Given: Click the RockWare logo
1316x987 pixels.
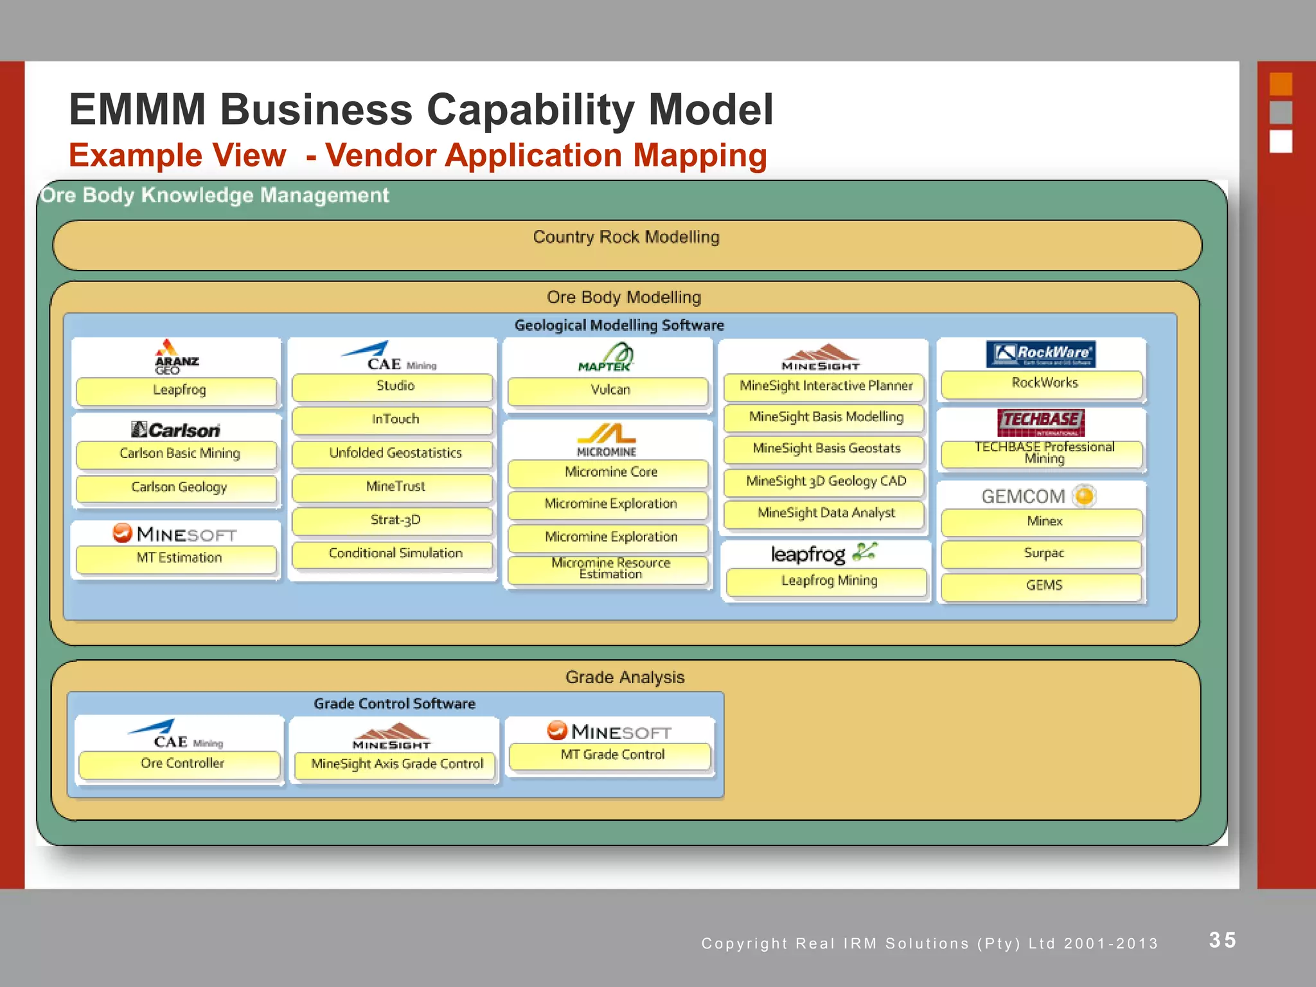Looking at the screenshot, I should pos(1040,354).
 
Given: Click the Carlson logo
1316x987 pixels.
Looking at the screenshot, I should pos(175,430).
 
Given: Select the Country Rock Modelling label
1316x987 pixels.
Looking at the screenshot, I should pos(626,237).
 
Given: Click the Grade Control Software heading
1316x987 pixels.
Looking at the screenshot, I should pos(395,704).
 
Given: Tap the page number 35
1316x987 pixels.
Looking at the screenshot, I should pos(1222,940).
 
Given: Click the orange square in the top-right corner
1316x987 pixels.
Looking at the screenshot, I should pos(1281,84).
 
